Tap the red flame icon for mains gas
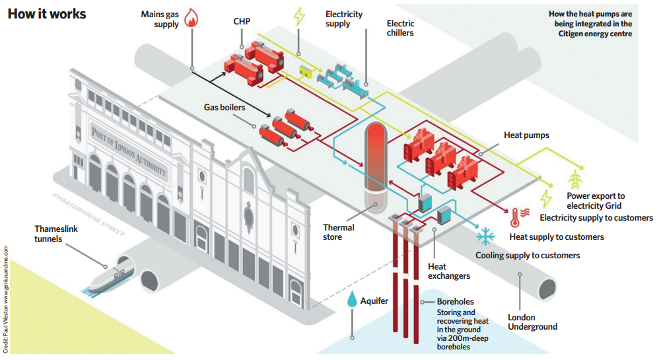click(192, 18)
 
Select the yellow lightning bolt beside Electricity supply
click(299, 16)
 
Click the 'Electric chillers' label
click(401, 28)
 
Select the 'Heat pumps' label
click(526, 135)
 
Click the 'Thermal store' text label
click(338, 232)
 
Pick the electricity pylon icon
click(575, 179)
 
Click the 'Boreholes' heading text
click(455, 302)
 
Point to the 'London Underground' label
click(532, 322)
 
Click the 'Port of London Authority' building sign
click(129, 150)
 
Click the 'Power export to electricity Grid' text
click(595, 201)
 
